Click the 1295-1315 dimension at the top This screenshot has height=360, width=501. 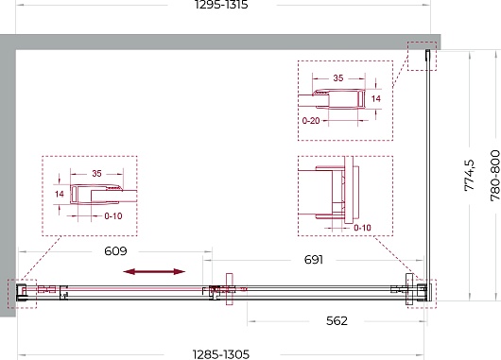221,5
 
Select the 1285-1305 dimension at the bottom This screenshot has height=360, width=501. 221,354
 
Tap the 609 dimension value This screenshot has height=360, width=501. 115,251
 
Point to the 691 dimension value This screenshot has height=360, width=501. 314,260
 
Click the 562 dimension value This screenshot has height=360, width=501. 337,320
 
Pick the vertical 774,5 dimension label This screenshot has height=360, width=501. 470,175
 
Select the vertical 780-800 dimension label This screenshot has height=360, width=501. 495,176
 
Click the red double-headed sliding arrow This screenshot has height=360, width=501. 154,272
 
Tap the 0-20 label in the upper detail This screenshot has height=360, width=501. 311,121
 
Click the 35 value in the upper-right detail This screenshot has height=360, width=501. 338,77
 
